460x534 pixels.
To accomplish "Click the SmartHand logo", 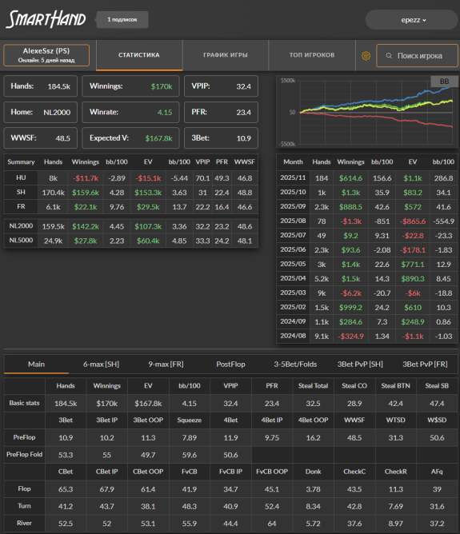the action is click(46, 19).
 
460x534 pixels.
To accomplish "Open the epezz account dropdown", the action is click(411, 20).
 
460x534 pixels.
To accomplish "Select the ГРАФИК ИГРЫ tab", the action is click(226, 55).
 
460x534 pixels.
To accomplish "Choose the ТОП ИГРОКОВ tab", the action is click(312, 55).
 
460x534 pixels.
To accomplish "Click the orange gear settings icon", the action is click(366, 55).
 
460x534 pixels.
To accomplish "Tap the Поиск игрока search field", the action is click(417, 55).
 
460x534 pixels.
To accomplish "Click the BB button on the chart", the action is click(444, 82).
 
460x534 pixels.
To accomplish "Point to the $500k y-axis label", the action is click(287, 81).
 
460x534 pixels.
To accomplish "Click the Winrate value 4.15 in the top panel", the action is click(165, 113).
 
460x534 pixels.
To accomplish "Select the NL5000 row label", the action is click(21, 241).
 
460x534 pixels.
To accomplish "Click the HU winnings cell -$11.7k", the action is click(86, 178).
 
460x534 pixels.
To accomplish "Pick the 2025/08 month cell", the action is click(293, 221).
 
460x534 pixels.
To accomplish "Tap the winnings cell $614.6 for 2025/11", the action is click(350, 178).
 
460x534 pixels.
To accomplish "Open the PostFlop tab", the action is click(230, 365).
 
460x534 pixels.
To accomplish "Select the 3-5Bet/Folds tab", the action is click(295, 365).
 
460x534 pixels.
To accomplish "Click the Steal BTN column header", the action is click(395, 386).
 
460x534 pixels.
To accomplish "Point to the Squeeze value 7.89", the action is click(189, 437).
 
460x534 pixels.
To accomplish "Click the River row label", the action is click(24, 523).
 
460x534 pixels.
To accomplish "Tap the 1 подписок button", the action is click(122, 20).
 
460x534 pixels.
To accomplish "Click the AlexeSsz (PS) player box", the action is click(46, 55).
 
